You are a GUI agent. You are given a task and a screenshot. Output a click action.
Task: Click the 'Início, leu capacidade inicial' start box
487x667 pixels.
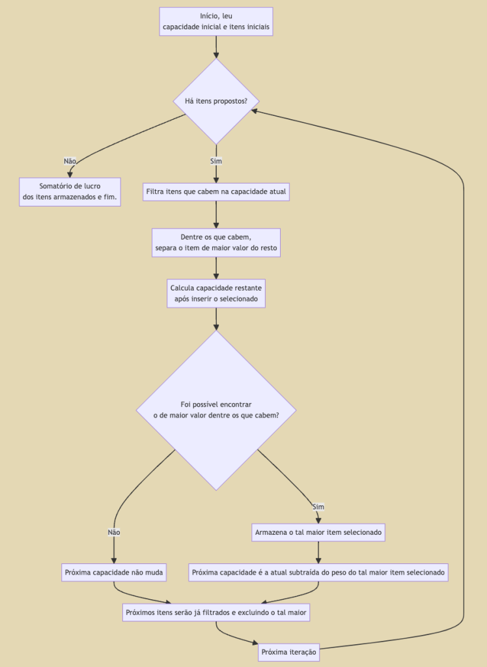(x=216, y=21)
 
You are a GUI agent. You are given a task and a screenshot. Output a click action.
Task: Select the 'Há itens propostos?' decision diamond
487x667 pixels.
(x=216, y=101)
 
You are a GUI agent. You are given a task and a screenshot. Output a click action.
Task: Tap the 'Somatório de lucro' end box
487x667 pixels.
(x=70, y=192)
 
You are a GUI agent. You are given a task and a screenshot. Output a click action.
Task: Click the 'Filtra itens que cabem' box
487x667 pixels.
(x=216, y=192)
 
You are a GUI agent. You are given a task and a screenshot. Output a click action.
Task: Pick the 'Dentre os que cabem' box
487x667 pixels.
(x=216, y=243)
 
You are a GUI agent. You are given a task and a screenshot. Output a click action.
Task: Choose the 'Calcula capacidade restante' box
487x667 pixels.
(x=216, y=293)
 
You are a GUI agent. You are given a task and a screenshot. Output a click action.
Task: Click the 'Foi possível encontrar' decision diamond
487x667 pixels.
(x=216, y=410)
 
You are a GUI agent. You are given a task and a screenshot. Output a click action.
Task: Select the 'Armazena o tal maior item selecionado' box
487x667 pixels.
(x=318, y=532)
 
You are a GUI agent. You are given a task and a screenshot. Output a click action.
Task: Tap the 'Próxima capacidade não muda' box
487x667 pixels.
(x=114, y=573)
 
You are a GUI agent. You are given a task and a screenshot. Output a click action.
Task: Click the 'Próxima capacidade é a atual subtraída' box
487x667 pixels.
(x=318, y=573)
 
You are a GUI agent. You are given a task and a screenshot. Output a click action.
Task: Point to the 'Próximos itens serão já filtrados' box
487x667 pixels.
(x=216, y=612)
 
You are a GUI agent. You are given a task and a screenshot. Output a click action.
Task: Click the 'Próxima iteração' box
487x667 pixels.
(x=288, y=651)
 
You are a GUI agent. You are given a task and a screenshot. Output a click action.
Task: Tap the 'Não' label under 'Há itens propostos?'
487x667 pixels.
(x=70, y=161)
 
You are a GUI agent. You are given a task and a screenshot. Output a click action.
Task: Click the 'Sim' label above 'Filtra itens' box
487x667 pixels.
(x=216, y=161)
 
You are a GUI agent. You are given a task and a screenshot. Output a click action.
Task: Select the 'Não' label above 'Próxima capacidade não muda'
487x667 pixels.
(x=114, y=532)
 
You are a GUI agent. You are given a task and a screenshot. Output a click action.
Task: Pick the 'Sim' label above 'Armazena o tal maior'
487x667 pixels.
(x=318, y=507)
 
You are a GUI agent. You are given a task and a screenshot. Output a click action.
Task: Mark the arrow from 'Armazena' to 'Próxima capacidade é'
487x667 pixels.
(x=318, y=552)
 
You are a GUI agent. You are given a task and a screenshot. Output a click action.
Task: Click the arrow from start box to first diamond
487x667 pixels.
(x=216, y=47)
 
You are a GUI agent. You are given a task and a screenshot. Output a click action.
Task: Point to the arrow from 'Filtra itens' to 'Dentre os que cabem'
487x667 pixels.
(x=216, y=214)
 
